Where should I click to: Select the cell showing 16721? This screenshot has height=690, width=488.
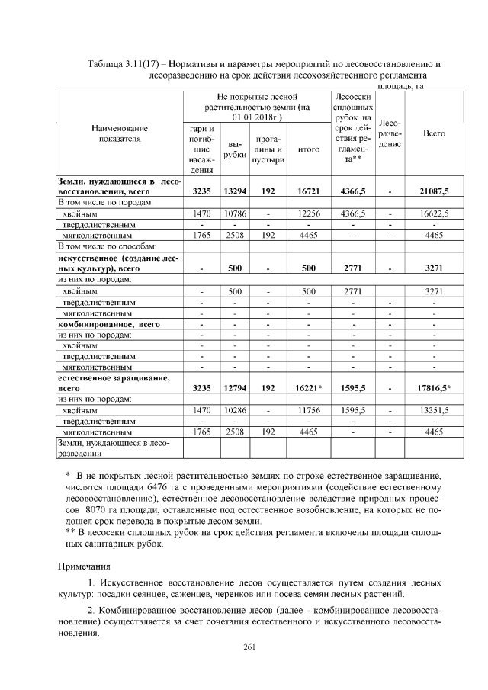tap(308, 191)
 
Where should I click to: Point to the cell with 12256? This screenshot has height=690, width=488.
tap(308, 216)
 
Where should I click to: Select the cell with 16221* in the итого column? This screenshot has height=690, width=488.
tap(308, 388)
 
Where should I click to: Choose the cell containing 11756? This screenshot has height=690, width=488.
tap(308, 410)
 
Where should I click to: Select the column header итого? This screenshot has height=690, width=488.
tap(308, 149)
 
